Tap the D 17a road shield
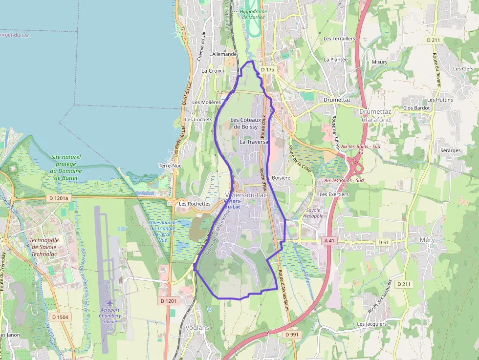tap(268, 70)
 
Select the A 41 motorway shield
tap(329, 241)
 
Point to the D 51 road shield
tap(384, 242)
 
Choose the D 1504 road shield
tap(60, 317)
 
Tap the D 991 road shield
tap(291, 335)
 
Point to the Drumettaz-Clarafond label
tap(376, 116)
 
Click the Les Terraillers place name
tap(339, 38)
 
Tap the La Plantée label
tap(335, 60)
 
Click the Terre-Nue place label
tap(170, 166)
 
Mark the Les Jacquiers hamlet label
tap(371, 324)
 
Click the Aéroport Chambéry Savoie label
tap(110, 315)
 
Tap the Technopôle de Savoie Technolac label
tap(44, 247)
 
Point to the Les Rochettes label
tap(195, 204)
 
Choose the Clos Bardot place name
tap(416, 108)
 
